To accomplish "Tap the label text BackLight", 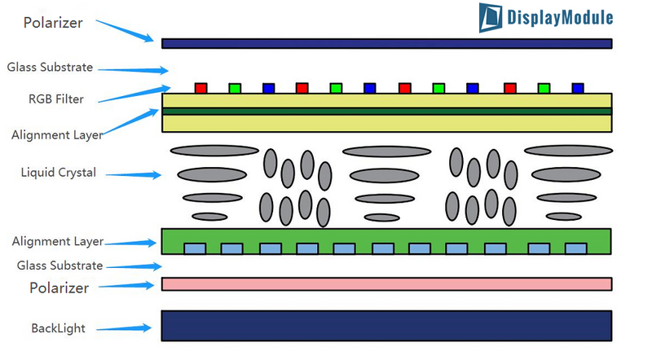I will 58,328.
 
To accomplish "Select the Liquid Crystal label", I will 59,173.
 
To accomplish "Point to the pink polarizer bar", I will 386,283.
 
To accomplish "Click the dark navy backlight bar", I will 386,325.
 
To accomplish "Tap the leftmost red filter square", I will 200,87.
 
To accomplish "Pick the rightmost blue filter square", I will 578,87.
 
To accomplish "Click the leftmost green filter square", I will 235,87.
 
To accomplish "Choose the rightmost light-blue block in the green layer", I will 576,248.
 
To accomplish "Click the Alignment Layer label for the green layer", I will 57,241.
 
